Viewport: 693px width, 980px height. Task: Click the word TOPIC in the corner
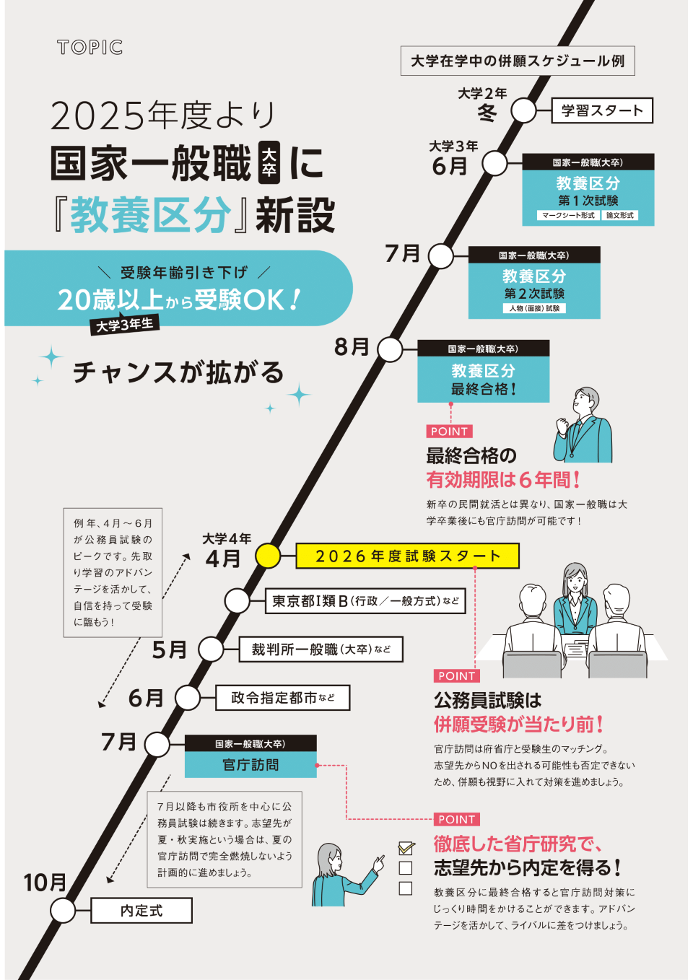point(90,48)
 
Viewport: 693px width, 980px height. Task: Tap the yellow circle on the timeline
point(268,556)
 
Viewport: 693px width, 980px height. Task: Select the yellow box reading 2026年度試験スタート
point(407,556)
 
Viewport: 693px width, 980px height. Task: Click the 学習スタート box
point(602,110)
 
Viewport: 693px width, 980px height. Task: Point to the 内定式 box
point(141,911)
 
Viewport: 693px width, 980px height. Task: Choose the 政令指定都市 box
point(282,698)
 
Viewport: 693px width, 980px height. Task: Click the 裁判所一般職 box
point(321,649)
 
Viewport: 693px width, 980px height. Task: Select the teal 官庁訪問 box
point(250,765)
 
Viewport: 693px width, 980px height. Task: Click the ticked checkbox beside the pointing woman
point(406,848)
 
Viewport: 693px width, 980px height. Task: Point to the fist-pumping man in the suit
point(583,426)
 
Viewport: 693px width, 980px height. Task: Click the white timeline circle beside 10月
point(63,911)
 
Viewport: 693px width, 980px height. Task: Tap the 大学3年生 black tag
point(125,325)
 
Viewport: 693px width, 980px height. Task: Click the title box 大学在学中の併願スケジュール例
point(518,61)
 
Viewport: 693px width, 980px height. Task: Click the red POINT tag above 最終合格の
point(449,432)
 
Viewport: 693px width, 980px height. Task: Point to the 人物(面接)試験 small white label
point(534,308)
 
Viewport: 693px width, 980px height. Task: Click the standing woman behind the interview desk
point(575,595)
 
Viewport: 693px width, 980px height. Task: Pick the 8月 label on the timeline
point(352,347)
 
